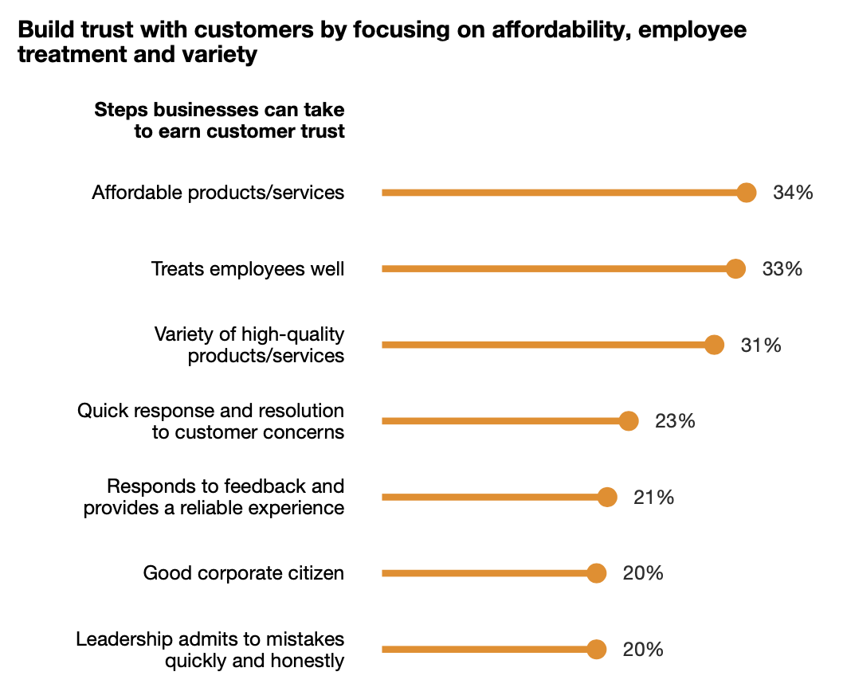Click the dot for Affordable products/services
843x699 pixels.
coord(747,193)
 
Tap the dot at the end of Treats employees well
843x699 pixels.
coord(736,269)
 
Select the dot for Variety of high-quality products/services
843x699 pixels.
coord(715,345)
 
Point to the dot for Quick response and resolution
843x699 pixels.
coord(629,421)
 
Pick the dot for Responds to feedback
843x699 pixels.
coord(607,498)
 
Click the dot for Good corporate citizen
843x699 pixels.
coord(596,573)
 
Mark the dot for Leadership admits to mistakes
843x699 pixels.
coord(596,650)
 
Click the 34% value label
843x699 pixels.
coord(793,193)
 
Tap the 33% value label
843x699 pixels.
coord(782,269)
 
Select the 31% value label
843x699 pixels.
coord(761,346)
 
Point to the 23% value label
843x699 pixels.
coord(675,421)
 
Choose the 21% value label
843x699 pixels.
coord(653,498)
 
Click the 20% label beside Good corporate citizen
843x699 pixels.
coord(643,573)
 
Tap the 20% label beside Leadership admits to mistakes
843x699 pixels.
coord(643,650)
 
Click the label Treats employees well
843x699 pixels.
coord(248,269)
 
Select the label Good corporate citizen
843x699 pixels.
coord(244,573)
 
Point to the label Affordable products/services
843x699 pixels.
coord(218,193)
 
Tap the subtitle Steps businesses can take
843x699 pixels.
coord(220,110)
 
